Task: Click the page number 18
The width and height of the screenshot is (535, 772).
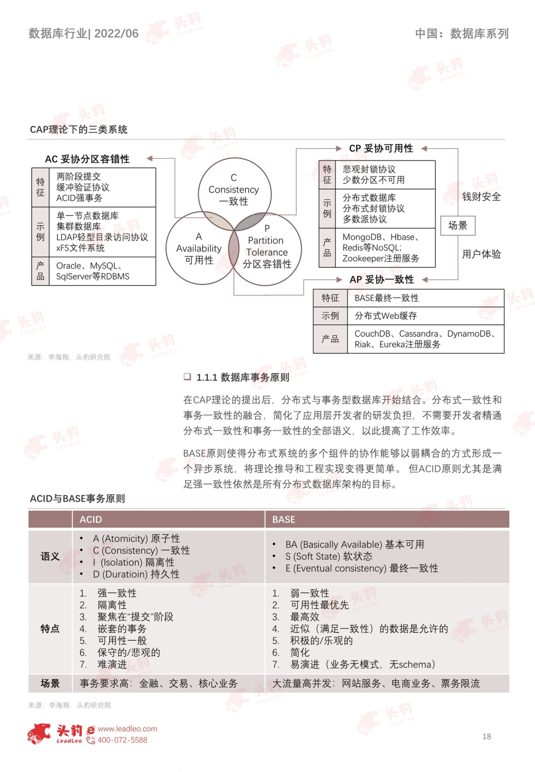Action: pos(486,736)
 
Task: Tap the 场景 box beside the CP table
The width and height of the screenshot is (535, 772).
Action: pos(458,226)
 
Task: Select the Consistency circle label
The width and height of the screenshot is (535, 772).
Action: pos(234,190)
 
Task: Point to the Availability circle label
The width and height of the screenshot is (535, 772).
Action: pos(199,248)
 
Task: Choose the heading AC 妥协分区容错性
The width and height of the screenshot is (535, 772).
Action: pos(87,159)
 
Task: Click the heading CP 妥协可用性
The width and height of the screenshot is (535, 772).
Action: pos(381,148)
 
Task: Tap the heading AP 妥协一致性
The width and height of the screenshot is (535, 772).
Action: pos(381,280)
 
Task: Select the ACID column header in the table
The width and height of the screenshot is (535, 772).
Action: pos(91,520)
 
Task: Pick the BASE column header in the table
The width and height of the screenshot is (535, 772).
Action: pos(284,520)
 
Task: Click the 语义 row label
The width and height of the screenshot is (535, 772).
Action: pos(50,556)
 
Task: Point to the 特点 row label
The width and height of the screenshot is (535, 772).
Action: pos(50,628)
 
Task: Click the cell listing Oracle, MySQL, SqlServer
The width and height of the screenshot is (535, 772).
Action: pos(93,271)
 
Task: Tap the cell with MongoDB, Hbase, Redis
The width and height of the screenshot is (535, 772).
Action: pos(381,247)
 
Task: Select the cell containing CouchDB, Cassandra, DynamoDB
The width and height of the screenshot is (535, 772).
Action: pos(425,339)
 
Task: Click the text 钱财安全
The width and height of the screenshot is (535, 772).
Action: pos(481,196)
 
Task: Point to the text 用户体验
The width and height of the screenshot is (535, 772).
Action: pos(481,254)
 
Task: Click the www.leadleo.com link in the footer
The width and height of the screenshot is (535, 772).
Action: pos(127,729)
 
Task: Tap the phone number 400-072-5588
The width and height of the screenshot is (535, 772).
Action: pos(122,740)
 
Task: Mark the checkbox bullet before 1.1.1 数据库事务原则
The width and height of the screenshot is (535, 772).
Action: pos(187,377)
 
